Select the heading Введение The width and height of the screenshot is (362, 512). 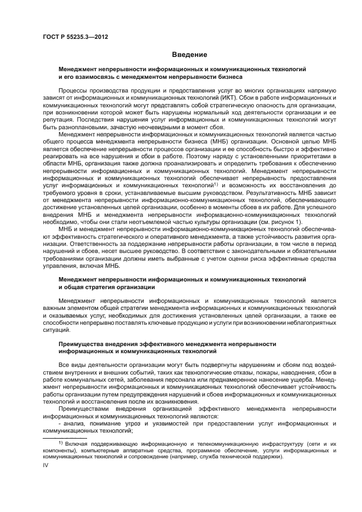pos(189,55)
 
